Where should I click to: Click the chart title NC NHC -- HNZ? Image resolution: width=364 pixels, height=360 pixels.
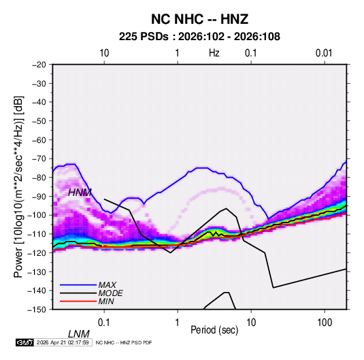(199, 19)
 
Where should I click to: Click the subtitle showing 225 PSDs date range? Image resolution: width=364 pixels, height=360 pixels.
(199, 37)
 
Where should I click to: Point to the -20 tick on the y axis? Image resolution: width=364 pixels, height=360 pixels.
(39, 65)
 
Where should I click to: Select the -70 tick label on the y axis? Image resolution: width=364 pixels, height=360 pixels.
(39, 159)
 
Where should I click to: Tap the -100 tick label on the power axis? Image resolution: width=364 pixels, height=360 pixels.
(37, 215)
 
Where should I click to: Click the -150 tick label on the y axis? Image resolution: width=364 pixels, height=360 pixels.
(37, 310)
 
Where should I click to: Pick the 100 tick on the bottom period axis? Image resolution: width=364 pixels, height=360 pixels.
(325, 323)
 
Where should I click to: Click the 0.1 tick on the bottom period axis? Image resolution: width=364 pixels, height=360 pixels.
(104, 323)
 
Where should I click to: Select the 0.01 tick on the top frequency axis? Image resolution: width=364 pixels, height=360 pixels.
(324, 53)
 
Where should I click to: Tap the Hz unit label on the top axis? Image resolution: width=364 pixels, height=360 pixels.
(214, 53)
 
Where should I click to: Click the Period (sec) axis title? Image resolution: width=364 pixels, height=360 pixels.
(214, 330)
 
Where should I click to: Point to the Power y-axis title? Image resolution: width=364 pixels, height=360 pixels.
(18, 186)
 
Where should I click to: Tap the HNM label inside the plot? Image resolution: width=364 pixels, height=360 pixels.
(80, 193)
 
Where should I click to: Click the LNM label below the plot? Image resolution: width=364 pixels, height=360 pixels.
(79, 334)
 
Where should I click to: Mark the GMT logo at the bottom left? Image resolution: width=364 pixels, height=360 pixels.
(24, 342)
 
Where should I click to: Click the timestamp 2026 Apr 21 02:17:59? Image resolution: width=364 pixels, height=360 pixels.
(63, 342)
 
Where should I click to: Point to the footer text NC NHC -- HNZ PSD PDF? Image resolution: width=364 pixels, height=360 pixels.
(124, 342)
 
